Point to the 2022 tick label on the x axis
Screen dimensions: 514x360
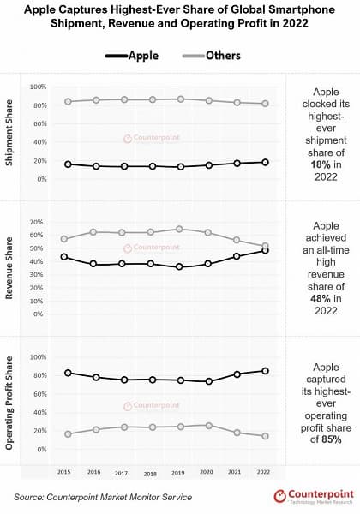coord(264,471)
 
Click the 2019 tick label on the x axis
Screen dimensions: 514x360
coord(179,471)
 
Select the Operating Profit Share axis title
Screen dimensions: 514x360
coord(10,402)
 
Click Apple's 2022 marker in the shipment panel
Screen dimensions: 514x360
coord(265,162)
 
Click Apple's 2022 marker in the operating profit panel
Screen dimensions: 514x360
coord(265,371)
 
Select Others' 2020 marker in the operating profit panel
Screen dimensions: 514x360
coord(208,425)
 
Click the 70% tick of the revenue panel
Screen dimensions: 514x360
coord(36,222)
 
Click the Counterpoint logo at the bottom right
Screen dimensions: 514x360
coord(311,496)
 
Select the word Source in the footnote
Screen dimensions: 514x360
coord(30,497)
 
